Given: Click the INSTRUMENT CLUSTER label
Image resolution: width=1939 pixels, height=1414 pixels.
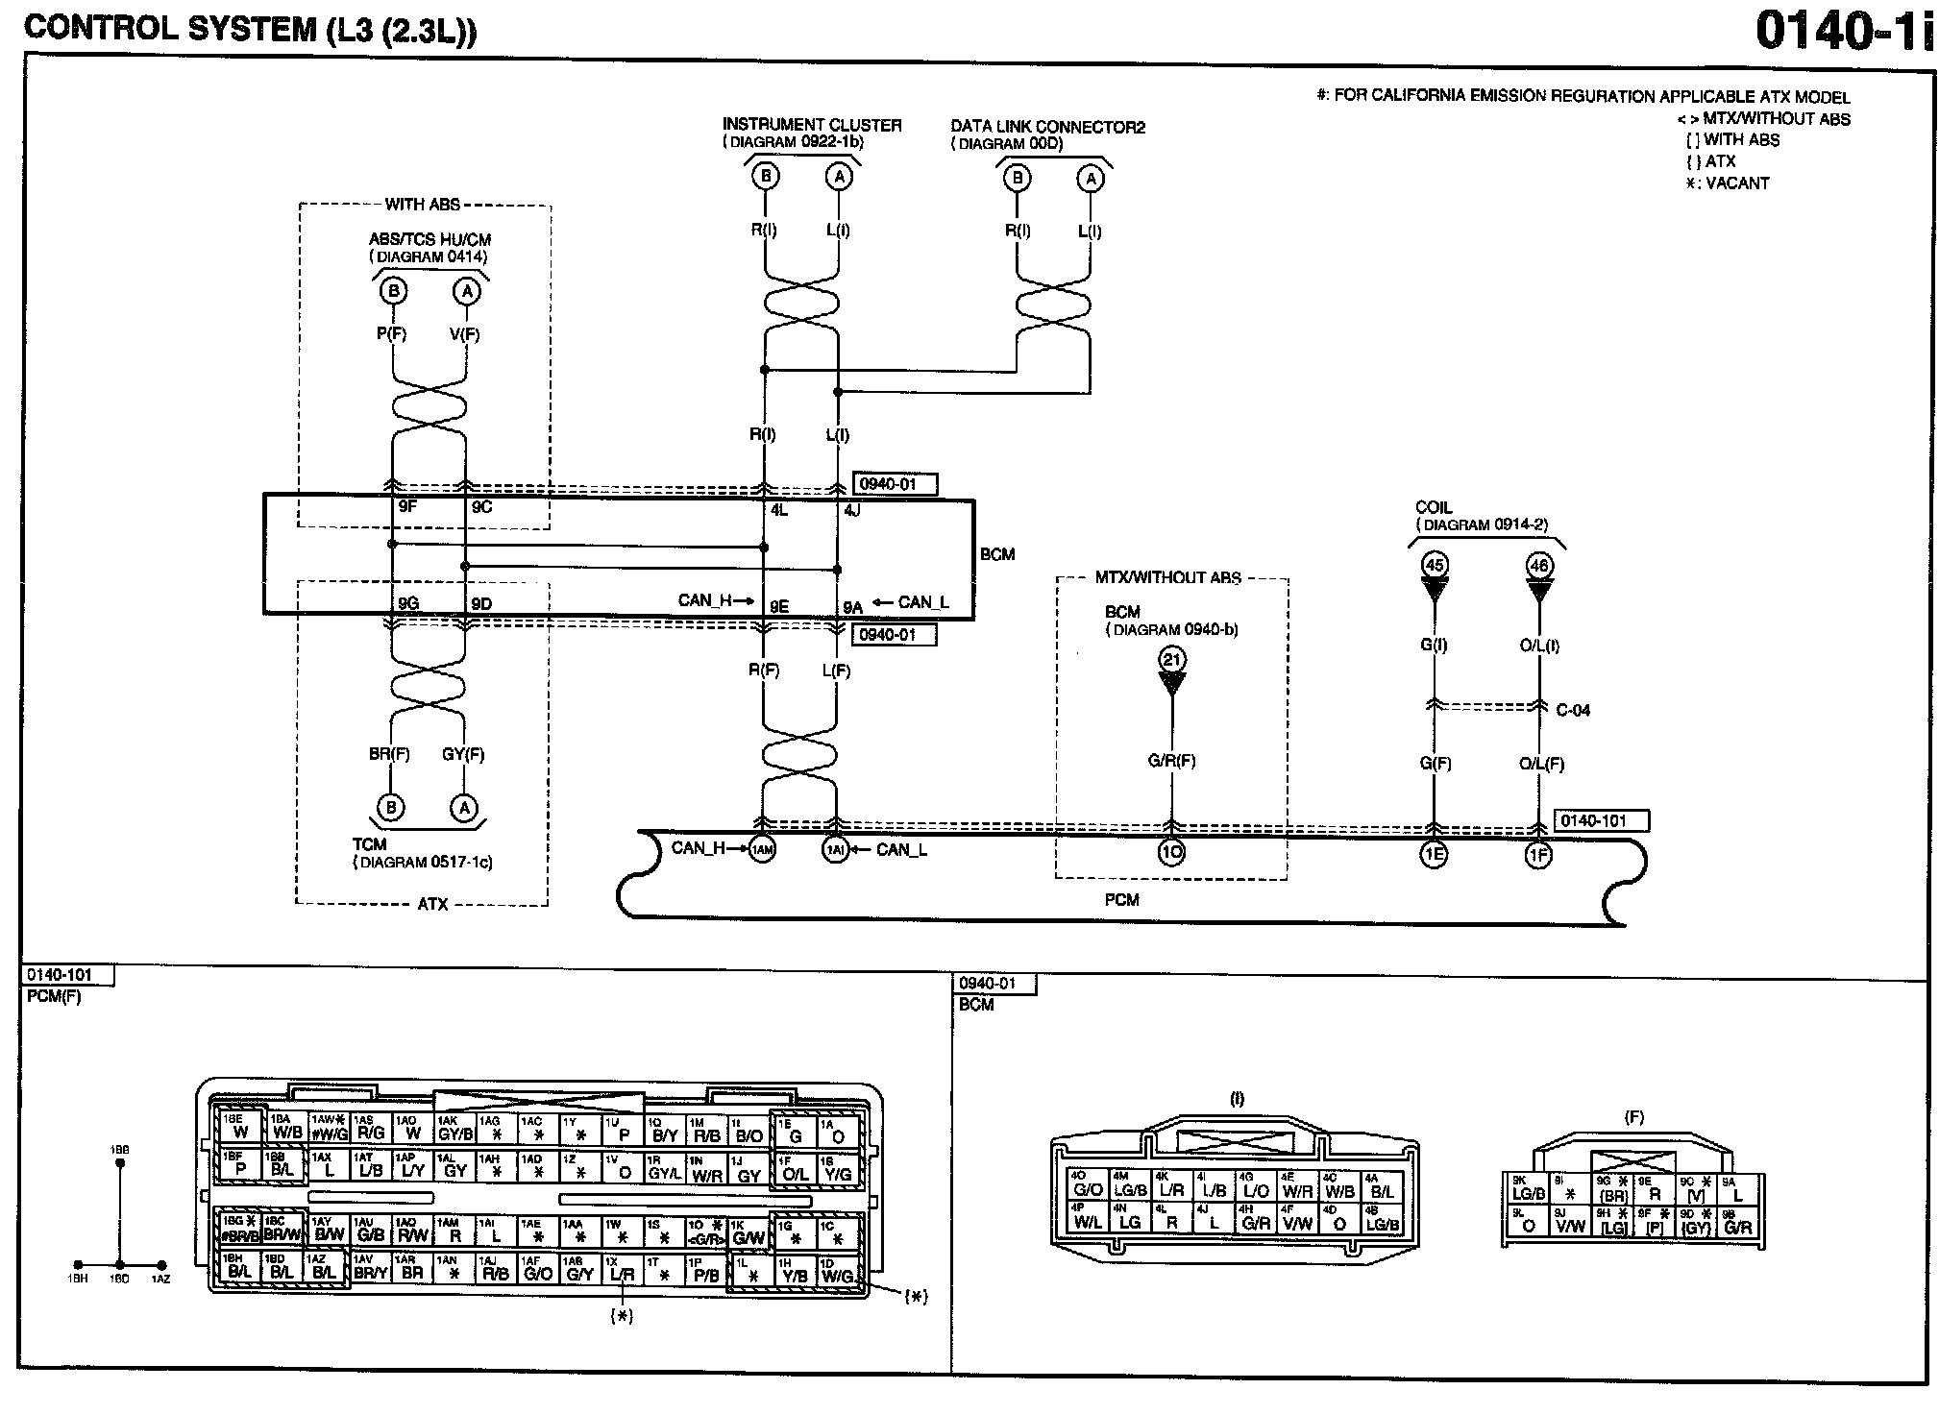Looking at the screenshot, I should (x=812, y=125).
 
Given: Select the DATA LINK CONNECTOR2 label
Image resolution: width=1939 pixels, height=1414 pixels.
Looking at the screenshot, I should (x=1047, y=127).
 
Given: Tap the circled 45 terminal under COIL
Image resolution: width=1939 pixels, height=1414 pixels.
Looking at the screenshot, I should (x=1434, y=565).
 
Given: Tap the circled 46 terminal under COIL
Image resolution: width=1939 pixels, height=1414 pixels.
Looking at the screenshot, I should (x=1538, y=566).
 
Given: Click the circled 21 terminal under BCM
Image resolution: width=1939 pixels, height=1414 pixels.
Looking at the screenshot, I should (x=1172, y=659).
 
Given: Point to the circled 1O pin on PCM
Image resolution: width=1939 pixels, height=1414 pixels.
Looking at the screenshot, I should (x=1171, y=852).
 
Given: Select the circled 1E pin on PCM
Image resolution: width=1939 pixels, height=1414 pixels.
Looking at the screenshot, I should (x=1433, y=854).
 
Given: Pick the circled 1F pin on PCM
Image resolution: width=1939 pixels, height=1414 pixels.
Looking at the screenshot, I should (x=1538, y=854).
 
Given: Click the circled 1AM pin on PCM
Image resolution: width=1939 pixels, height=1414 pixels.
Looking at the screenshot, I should (x=762, y=849).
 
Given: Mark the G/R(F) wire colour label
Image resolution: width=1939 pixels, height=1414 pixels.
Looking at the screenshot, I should (x=1171, y=761).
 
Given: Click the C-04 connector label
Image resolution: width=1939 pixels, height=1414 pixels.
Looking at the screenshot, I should (x=1573, y=711).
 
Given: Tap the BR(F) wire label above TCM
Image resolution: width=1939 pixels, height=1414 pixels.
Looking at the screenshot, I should (x=389, y=754).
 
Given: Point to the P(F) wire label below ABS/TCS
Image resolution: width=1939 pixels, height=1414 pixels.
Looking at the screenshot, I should (x=392, y=334).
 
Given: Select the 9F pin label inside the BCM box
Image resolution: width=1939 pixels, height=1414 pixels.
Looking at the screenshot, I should (x=408, y=507).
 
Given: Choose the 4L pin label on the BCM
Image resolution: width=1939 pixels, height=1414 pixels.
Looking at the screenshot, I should (x=778, y=511).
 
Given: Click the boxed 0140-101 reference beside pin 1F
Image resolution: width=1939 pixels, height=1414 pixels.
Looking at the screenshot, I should (x=1601, y=820).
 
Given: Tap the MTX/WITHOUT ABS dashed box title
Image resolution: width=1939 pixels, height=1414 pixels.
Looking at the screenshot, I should (x=1167, y=578).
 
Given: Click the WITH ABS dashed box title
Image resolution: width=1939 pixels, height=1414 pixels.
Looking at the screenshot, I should (x=423, y=205).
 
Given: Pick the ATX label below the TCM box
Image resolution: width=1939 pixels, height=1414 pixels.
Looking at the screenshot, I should (x=432, y=905).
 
